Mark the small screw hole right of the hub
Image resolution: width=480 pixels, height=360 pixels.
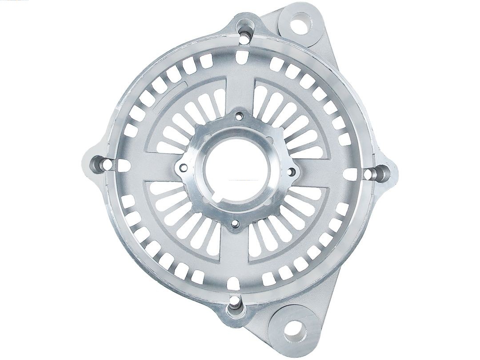(x=292, y=170)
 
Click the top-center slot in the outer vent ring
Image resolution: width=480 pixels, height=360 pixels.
(x=243, y=56)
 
